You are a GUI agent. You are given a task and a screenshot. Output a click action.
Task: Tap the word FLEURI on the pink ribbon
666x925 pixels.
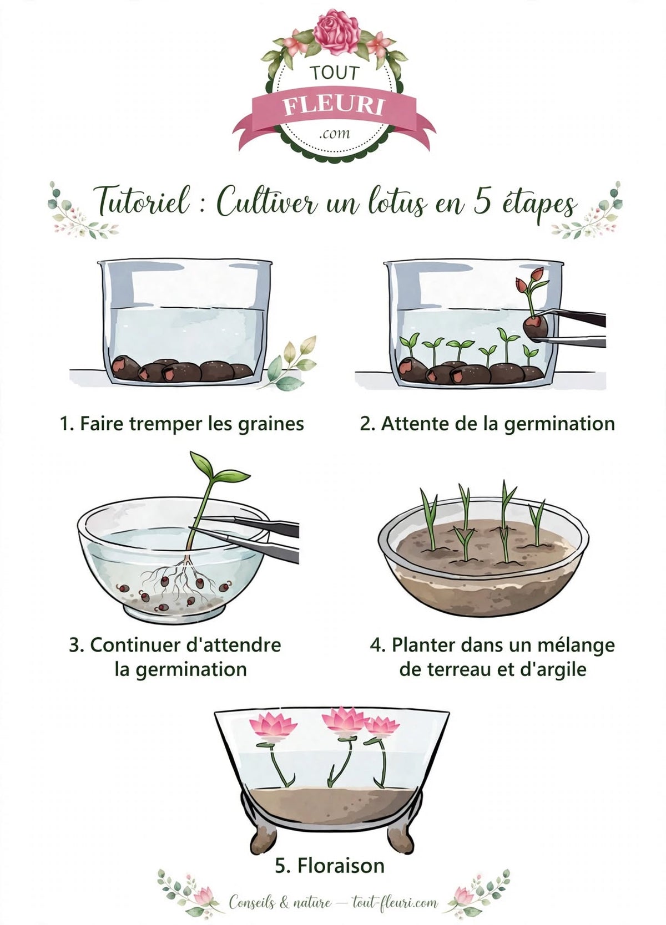(x=334, y=107)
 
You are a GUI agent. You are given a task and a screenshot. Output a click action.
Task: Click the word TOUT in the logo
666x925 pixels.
(x=334, y=73)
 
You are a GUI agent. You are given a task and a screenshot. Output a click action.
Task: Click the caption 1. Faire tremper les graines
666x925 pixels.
(x=182, y=424)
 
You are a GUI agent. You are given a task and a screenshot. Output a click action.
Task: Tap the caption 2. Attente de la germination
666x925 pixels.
(x=487, y=424)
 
